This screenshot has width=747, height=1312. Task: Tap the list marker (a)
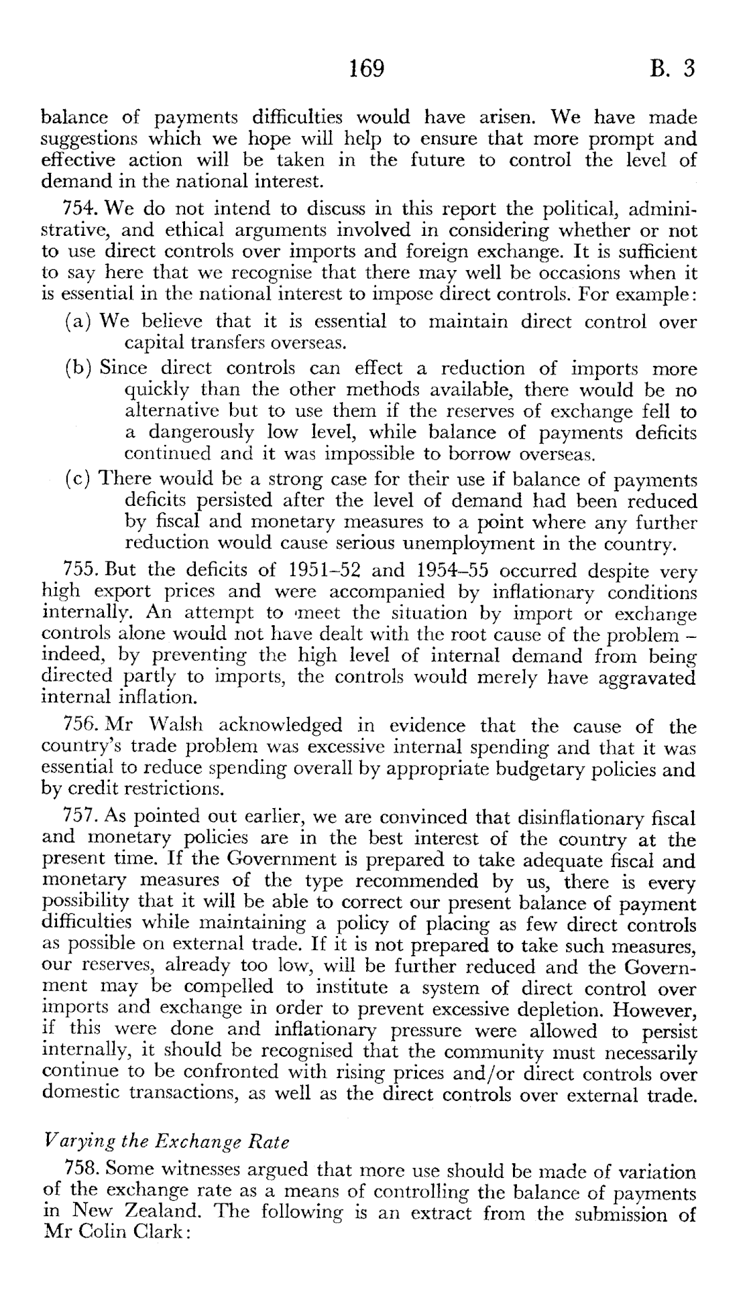(x=78, y=322)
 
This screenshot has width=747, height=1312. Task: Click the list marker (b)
(x=79, y=369)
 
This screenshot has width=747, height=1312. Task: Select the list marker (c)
(x=78, y=480)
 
